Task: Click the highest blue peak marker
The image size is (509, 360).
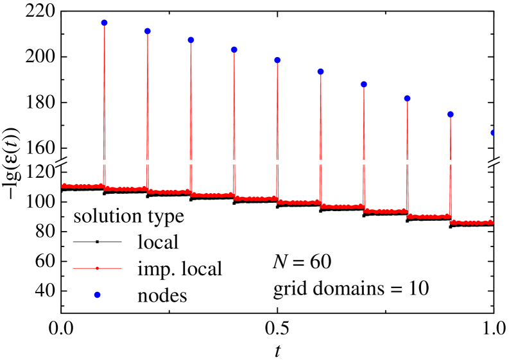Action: click(104, 22)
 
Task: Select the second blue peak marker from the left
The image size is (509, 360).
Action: click(148, 31)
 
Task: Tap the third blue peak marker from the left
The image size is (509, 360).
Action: click(191, 40)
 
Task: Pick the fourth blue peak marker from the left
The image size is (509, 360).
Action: click(234, 49)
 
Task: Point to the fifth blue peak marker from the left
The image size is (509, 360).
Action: click(277, 60)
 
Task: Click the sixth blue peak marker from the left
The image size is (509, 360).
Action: click(320, 71)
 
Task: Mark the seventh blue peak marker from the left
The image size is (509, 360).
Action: click(364, 84)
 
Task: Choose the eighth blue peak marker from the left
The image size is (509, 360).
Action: click(407, 98)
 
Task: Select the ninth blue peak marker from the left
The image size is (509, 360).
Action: click(451, 114)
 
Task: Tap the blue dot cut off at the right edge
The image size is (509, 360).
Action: click(492, 132)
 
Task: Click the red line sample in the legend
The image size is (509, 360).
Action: click(97, 268)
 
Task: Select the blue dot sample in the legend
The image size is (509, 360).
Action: click(97, 295)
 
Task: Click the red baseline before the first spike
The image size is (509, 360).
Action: click(82, 186)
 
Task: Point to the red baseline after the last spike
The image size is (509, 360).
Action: click(472, 223)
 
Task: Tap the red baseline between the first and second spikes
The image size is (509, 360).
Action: click(126, 189)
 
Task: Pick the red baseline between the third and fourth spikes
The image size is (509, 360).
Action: click(212, 194)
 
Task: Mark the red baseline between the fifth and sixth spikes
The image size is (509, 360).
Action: click(299, 202)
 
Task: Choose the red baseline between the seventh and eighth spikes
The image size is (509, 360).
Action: click(385, 211)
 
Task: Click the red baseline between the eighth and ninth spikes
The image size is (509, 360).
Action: click(429, 217)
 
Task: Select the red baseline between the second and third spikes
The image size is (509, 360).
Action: click(169, 192)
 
